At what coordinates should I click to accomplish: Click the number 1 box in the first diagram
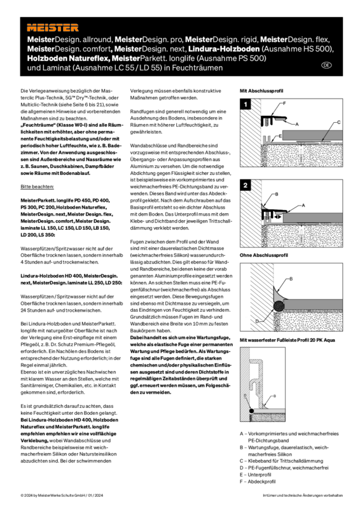click(x=246, y=106)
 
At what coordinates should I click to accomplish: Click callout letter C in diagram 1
click(x=338, y=122)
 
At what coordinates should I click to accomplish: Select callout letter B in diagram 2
click(x=276, y=194)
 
